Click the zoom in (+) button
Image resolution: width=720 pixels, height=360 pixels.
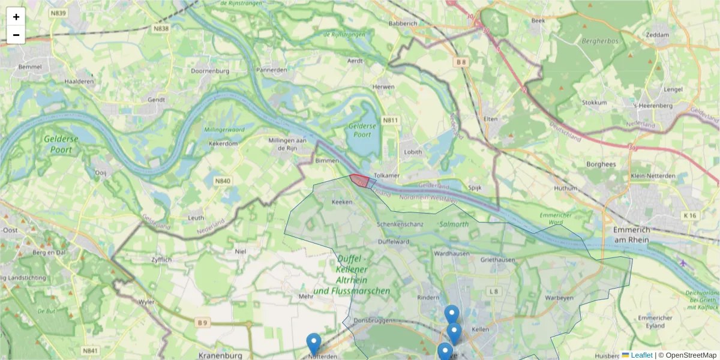click(16, 17)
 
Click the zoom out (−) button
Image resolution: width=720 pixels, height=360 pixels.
click(16, 35)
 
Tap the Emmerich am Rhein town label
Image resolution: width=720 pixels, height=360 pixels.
click(637, 235)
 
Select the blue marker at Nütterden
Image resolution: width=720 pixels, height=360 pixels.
click(313, 344)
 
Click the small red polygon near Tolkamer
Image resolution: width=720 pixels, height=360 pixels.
click(359, 181)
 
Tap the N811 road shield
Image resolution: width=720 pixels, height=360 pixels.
click(391, 121)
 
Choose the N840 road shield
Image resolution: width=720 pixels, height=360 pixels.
click(223, 181)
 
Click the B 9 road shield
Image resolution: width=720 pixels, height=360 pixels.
click(203, 323)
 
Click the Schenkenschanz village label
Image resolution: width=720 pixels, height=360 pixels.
click(400, 224)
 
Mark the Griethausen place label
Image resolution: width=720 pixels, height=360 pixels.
click(497, 260)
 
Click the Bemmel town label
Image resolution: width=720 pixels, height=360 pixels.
click(30, 67)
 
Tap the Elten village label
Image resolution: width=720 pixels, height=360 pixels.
click(491, 119)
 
